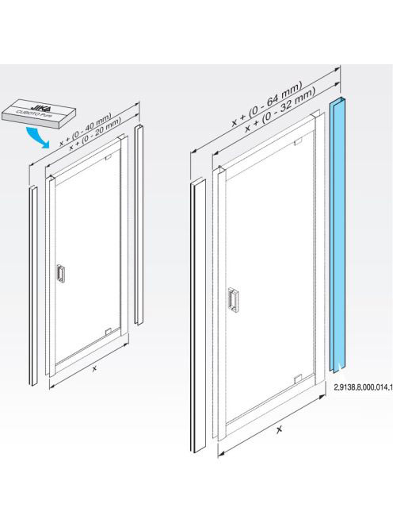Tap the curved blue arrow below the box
pyautogui.click(x=37, y=137)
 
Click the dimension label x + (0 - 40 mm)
pyautogui.click(x=86, y=129)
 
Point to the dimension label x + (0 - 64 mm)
pyautogui.click(x=267, y=104)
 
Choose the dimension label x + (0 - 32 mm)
pyautogui.click(x=280, y=110)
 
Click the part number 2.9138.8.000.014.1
pyautogui.click(x=363, y=387)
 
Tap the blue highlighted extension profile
pyautogui.click(x=338, y=235)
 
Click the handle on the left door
pyautogui.click(x=60, y=273)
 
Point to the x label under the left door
pyautogui.click(x=94, y=368)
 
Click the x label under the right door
pyautogui.click(x=279, y=429)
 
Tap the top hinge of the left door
pyautogui.click(x=108, y=157)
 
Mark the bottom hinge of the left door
pyautogui.click(x=108, y=332)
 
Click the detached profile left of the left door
pyautogui.click(x=33, y=286)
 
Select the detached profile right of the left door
pyautogui.click(x=139, y=225)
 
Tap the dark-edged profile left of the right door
pyautogui.click(x=198, y=315)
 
